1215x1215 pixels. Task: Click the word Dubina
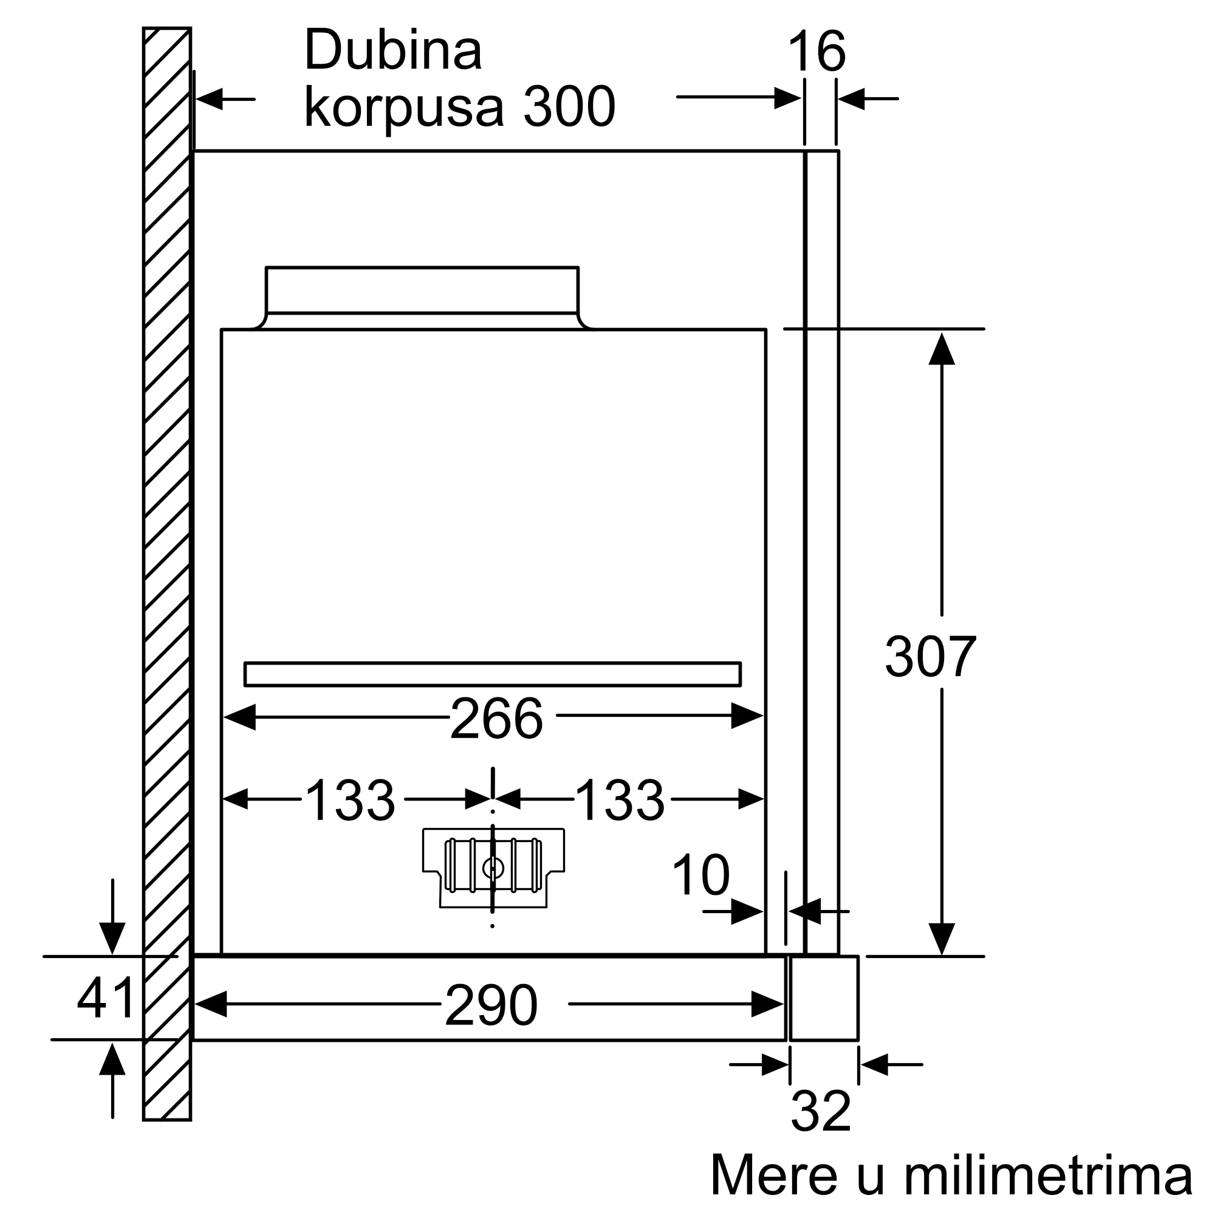point(393,50)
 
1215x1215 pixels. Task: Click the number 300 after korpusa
point(569,107)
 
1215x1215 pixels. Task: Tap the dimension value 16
point(816,52)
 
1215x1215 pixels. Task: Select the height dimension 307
point(930,657)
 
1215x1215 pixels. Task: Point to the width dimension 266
point(496,719)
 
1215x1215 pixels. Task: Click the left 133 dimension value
point(350,799)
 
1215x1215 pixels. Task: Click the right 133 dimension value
point(620,799)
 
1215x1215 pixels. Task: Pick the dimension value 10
point(700,875)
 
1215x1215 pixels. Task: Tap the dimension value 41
point(106,998)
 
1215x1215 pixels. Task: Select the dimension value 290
point(491,1005)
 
